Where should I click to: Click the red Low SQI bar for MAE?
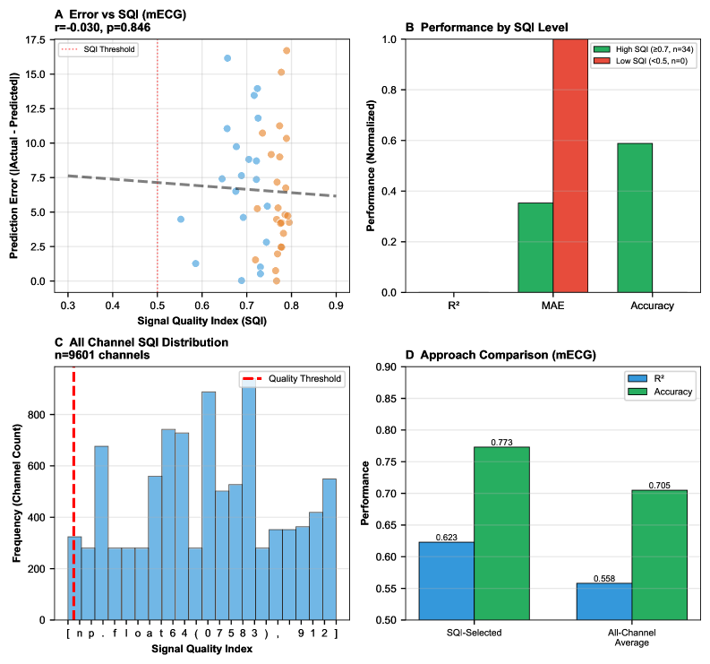pos(570,166)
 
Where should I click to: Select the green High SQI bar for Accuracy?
pos(634,218)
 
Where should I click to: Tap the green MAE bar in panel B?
pos(535,247)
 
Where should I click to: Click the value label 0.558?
pos(603,578)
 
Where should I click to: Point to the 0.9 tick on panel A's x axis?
pos(336,306)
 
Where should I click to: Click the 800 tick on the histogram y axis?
pos(40,415)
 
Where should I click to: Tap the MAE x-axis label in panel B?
pos(553,306)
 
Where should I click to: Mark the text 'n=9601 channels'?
pos(101,356)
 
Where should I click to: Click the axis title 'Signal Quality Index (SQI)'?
pos(201,320)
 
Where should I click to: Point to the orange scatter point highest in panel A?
pos(287,50)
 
